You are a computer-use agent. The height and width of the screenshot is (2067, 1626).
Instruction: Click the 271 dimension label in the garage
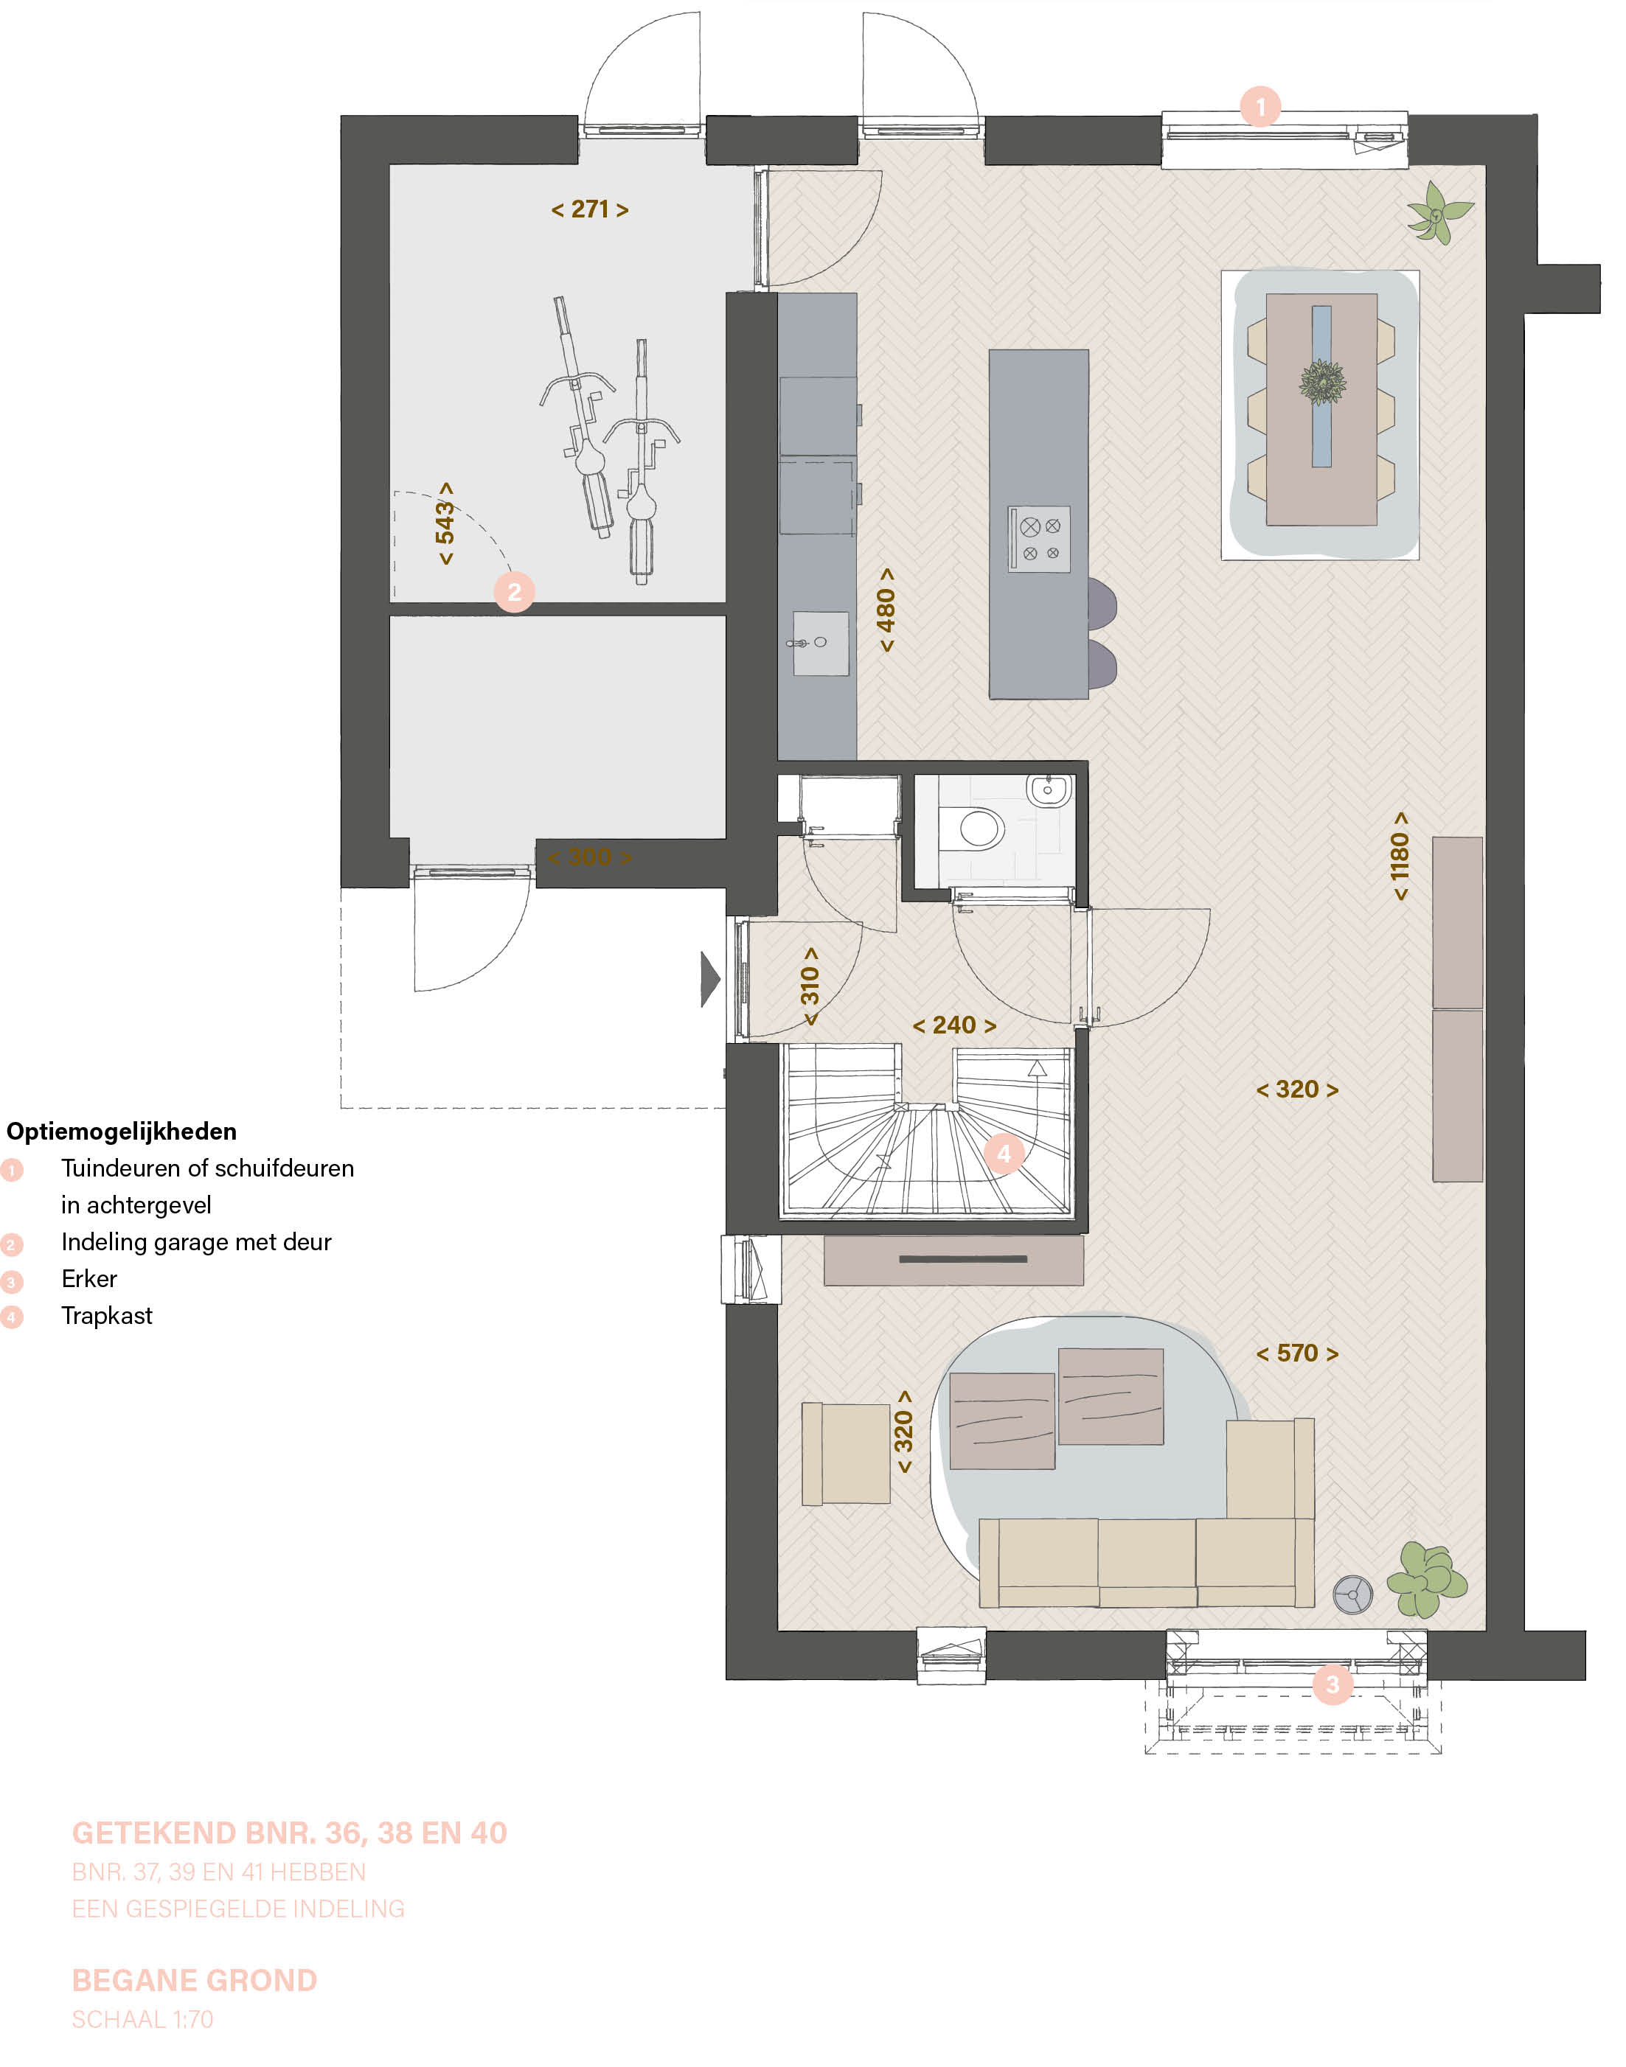pos(589,209)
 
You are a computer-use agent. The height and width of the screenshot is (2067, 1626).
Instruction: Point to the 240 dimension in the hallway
pos(954,1025)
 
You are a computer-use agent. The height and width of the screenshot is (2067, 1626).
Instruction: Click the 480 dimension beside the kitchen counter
pos(886,610)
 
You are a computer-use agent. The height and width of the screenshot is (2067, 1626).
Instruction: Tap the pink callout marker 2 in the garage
pos(514,592)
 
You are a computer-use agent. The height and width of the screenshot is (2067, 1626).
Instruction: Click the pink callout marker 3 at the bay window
pos(1332,1684)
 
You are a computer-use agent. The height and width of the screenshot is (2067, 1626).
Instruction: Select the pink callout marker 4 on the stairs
pos(1004,1154)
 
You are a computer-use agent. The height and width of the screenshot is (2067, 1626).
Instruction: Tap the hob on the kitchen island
pos(1040,539)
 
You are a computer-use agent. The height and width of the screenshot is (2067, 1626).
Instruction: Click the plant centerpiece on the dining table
pos(1322,383)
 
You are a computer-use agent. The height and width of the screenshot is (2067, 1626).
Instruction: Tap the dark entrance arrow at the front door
pos(710,978)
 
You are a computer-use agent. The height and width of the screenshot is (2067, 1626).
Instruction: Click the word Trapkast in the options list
pos(107,1316)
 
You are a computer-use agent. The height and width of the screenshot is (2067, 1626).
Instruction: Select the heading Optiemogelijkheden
pos(121,1132)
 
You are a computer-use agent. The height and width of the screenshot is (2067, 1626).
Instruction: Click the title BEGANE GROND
pos(194,1981)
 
